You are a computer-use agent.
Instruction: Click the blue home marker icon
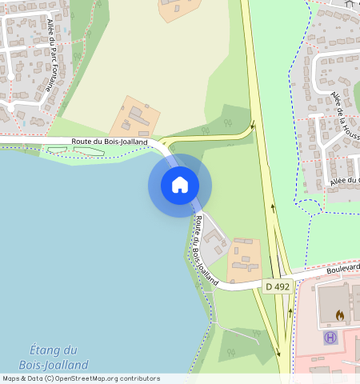[x=180, y=185]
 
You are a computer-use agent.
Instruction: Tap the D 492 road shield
[x=277, y=286]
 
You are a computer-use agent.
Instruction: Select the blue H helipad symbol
[x=330, y=338]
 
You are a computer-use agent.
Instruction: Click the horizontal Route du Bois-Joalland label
[x=110, y=142]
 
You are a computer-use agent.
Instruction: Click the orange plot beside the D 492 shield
[x=244, y=259]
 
